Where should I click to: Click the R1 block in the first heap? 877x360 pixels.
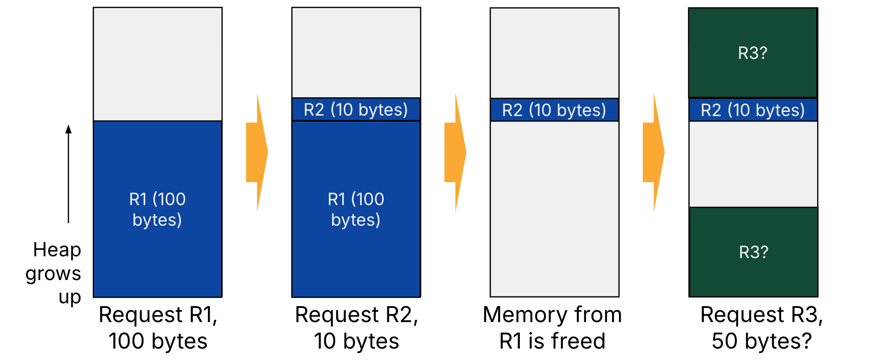pyautogui.click(x=158, y=209)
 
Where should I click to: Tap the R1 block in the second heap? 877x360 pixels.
pyautogui.click(x=356, y=209)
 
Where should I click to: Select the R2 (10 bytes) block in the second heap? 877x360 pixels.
pyautogui.click(x=356, y=110)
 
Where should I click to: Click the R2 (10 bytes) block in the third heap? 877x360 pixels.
pyautogui.click(x=554, y=110)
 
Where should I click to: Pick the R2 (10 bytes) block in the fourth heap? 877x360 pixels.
pyautogui.click(x=753, y=110)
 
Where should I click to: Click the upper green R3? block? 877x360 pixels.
pyautogui.click(x=753, y=53)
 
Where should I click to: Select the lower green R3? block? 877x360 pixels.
pyautogui.click(x=754, y=252)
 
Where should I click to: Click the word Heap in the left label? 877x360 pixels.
pyautogui.click(x=57, y=250)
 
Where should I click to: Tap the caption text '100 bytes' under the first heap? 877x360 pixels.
pyautogui.click(x=158, y=341)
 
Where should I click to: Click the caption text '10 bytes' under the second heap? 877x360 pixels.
pyautogui.click(x=356, y=341)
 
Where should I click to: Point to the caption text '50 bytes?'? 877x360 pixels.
pyautogui.click(x=761, y=341)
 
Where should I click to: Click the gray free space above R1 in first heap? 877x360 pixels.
pyautogui.click(x=158, y=64)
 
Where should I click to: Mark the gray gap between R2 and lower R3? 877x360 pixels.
pyautogui.click(x=753, y=164)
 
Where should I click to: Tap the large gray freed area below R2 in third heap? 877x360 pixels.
pyautogui.click(x=554, y=208)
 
